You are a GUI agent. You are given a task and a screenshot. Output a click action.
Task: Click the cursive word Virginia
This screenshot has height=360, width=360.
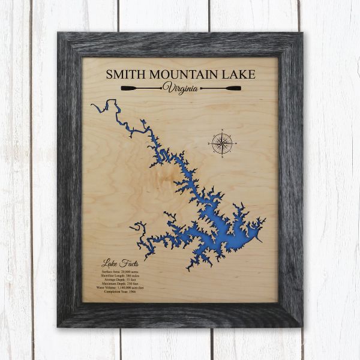click(181, 88)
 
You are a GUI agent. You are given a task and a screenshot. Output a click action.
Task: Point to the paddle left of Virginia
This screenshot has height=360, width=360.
click(140, 89)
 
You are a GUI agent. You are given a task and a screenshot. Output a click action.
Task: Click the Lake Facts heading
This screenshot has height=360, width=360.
click(117, 262)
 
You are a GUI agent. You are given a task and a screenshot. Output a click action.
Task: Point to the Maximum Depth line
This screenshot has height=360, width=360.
click(122, 287)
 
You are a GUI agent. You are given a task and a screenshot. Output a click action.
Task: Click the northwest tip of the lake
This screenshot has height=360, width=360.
click(92, 106)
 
